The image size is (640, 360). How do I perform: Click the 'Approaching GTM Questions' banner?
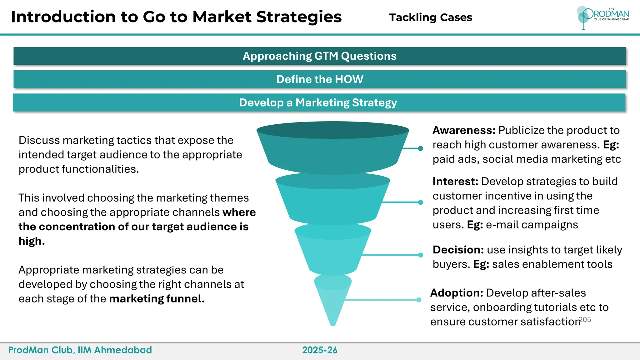pyautogui.click(x=319, y=56)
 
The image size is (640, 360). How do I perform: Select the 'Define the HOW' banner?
pyautogui.click(x=319, y=79)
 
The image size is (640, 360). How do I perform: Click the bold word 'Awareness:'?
pyautogui.click(x=464, y=130)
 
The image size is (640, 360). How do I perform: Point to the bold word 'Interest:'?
pyautogui.click(x=455, y=182)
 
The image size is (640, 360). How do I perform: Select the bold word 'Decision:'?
pyautogui.click(x=458, y=250)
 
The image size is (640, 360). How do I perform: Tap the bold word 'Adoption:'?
pyautogui.click(x=457, y=293)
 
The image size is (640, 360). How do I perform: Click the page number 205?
pyautogui.click(x=585, y=320)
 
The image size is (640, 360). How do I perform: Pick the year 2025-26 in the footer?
pyautogui.click(x=320, y=350)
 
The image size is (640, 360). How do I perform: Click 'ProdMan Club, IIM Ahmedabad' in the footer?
pyautogui.click(x=80, y=350)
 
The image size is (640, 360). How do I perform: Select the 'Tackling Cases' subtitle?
pyautogui.click(x=431, y=17)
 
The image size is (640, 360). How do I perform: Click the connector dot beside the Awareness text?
pyautogui.click(x=421, y=148)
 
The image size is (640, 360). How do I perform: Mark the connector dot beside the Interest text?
pyautogui.click(x=421, y=202)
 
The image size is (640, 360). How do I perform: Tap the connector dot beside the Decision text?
pyautogui.click(x=421, y=255)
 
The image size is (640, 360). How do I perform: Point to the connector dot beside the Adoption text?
pyautogui.click(x=419, y=300)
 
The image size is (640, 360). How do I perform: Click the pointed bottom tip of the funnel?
pyautogui.click(x=333, y=324)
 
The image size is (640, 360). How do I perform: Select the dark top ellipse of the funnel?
pyautogui.click(x=333, y=130)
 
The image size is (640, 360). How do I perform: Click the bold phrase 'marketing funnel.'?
pyautogui.click(x=157, y=299)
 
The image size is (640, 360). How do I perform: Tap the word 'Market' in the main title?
pyautogui.click(x=222, y=17)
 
